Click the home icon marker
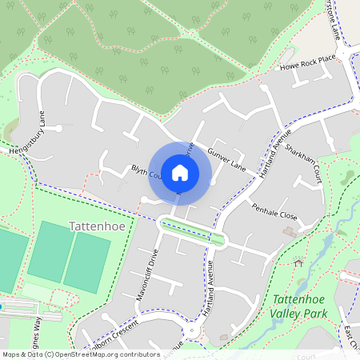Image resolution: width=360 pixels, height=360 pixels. pos(180,173)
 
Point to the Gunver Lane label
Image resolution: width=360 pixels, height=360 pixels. pos(226,158)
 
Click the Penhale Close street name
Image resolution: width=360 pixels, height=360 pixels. pos(274,216)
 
